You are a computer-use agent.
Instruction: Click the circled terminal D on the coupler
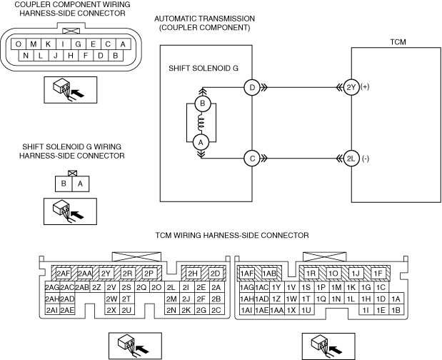pyautogui.click(x=252, y=87)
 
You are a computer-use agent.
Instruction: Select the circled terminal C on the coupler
pyautogui.click(x=252, y=158)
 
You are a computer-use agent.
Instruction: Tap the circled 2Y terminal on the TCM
pyautogui.click(x=351, y=87)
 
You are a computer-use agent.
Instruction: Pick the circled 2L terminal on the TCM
pyautogui.click(x=351, y=159)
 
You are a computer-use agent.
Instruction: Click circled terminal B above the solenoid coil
pyautogui.click(x=202, y=104)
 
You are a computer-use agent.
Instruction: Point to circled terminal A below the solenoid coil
pyautogui.click(x=201, y=142)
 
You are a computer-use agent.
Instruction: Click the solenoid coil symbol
pyautogui.click(x=201, y=123)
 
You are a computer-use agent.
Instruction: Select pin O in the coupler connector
pyautogui.click(x=19, y=44)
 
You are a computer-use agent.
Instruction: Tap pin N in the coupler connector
pyautogui.click(x=26, y=55)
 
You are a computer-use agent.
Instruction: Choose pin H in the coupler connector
pyautogui.click(x=71, y=55)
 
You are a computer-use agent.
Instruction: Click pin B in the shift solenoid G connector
pyautogui.click(x=64, y=184)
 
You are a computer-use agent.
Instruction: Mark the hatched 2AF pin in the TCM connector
pyautogui.click(x=63, y=273)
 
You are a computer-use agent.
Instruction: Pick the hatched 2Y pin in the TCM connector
pyautogui.click(x=106, y=273)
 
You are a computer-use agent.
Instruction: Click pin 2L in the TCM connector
pyautogui.click(x=171, y=287)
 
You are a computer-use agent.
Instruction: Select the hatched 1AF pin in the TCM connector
pyautogui.click(x=246, y=273)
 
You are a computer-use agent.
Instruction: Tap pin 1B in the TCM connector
pyautogui.click(x=396, y=310)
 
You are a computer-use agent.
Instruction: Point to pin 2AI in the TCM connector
pyautogui.click(x=52, y=310)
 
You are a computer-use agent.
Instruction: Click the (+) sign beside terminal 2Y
pyautogui.click(x=365, y=87)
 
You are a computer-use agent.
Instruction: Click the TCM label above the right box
pyautogui.click(x=398, y=42)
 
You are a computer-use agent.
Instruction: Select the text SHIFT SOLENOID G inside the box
pyautogui.click(x=204, y=69)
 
